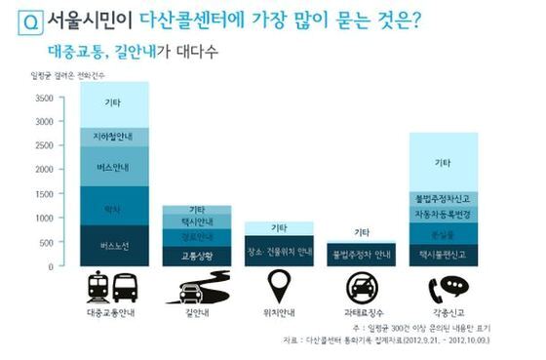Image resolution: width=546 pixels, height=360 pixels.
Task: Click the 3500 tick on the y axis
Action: (44, 98)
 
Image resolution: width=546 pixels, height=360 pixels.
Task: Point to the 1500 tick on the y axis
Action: (44, 193)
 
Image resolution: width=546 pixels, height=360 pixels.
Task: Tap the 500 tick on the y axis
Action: (46, 241)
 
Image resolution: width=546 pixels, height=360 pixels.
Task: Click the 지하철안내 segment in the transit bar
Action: (114, 137)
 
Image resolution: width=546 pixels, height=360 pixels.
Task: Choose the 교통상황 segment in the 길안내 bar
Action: (197, 256)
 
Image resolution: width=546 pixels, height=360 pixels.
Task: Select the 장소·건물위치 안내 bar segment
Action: (279, 251)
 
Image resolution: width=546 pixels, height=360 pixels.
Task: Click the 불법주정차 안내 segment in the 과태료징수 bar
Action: (362, 256)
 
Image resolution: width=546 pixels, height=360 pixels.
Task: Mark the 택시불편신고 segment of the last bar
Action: (444, 254)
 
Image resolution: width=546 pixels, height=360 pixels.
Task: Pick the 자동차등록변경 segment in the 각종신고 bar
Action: (444, 214)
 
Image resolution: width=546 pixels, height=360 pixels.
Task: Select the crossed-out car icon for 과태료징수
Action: (362, 288)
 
